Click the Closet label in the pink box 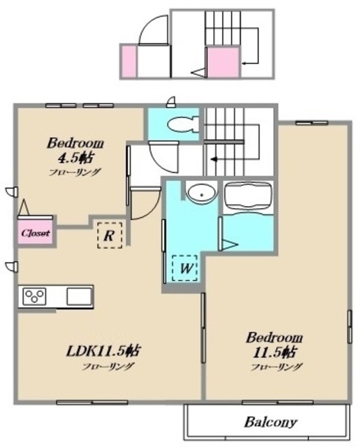tap(36, 233)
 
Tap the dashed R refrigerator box tap(110, 235)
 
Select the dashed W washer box tap(185, 268)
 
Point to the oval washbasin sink tap(201, 194)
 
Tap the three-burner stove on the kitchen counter tap(34, 296)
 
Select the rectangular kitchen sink tap(79, 296)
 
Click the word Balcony tap(271, 422)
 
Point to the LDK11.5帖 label tap(103, 351)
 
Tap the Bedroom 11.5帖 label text tap(275, 345)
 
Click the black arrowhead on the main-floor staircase tap(214, 159)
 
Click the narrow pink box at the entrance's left tap(129, 61)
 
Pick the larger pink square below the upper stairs tap(224, 62)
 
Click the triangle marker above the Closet tap(24, 207)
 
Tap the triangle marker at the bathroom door tap(230, 244)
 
